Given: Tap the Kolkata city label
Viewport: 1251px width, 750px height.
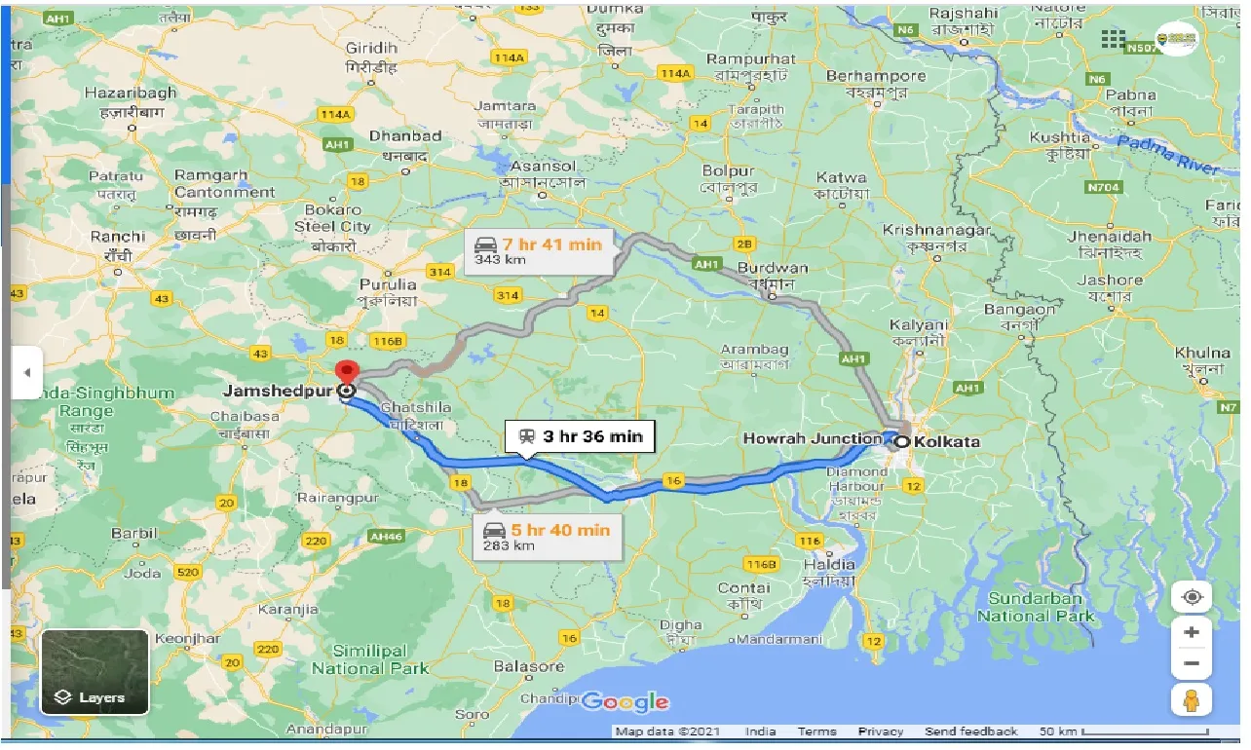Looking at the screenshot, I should point(946,441).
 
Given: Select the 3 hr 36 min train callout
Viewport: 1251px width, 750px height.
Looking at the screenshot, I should point(581,437).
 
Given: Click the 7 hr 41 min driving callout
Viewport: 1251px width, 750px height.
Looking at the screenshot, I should point(539,251).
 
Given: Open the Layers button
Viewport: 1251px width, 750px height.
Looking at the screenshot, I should point(95,671).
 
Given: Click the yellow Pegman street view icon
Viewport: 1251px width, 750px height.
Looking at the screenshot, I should point(1191,698).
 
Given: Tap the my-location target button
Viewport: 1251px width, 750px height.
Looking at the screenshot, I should point(1191,596).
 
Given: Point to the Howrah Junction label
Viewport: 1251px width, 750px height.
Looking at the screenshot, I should point(811,439).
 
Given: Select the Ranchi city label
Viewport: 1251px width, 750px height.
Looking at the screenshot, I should point(117,237).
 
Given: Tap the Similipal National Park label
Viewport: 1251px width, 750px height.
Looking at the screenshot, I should point(370,659).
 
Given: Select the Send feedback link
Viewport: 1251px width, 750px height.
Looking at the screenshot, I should point(970,731).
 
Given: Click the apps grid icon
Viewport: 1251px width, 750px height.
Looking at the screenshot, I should point(1113,40).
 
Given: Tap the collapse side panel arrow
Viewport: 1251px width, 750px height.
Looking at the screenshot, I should point(27,372).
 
